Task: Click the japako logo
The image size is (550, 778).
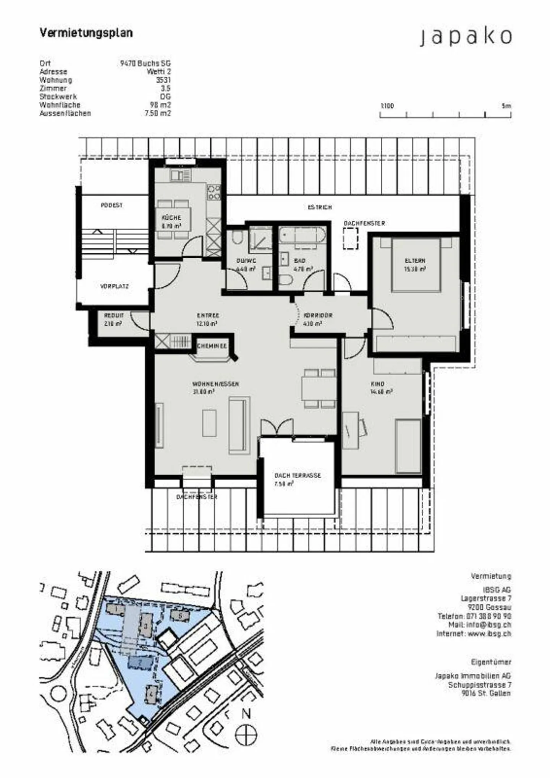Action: (466, 37)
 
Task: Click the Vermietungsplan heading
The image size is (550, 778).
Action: (86, 33)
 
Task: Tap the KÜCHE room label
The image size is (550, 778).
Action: (171, 218)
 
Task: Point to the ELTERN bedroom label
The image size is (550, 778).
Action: (415, 261)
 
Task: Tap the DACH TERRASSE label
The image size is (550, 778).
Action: (298, 476)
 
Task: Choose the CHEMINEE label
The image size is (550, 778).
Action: (212, 346)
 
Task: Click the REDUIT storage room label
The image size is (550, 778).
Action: (114, 316)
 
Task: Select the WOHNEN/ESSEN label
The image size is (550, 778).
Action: (215, 384)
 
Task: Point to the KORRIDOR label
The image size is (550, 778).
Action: (318, 316)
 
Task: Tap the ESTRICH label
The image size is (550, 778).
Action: (320, 207)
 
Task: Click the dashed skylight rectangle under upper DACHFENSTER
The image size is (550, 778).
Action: (350, 238)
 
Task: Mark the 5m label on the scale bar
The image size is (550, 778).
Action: (506, 106)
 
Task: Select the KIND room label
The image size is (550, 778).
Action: (377, 384)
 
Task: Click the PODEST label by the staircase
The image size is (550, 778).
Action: (112, 205)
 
